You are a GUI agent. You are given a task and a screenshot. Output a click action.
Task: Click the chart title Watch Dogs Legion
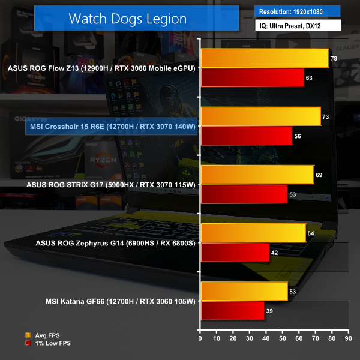point(127,18)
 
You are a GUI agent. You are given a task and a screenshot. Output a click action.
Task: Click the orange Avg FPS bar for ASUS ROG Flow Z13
point(265,58)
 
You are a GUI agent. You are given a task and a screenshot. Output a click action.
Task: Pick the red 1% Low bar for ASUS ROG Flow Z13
point(253,77)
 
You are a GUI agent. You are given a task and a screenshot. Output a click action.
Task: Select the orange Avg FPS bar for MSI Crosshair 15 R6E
point(260,116)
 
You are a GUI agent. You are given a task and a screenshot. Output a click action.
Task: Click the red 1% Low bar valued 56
point(247,136)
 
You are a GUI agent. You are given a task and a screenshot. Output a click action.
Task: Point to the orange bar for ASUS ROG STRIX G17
point(257,175)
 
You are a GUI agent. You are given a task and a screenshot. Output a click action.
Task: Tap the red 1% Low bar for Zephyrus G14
point(235,253)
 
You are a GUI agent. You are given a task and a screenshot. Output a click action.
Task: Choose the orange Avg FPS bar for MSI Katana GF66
point(244,292)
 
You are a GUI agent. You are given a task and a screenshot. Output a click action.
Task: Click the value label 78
point(334,58)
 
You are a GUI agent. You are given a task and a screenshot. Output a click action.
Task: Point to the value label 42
point(274,253)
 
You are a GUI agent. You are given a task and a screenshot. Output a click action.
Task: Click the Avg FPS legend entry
point(43,335)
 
